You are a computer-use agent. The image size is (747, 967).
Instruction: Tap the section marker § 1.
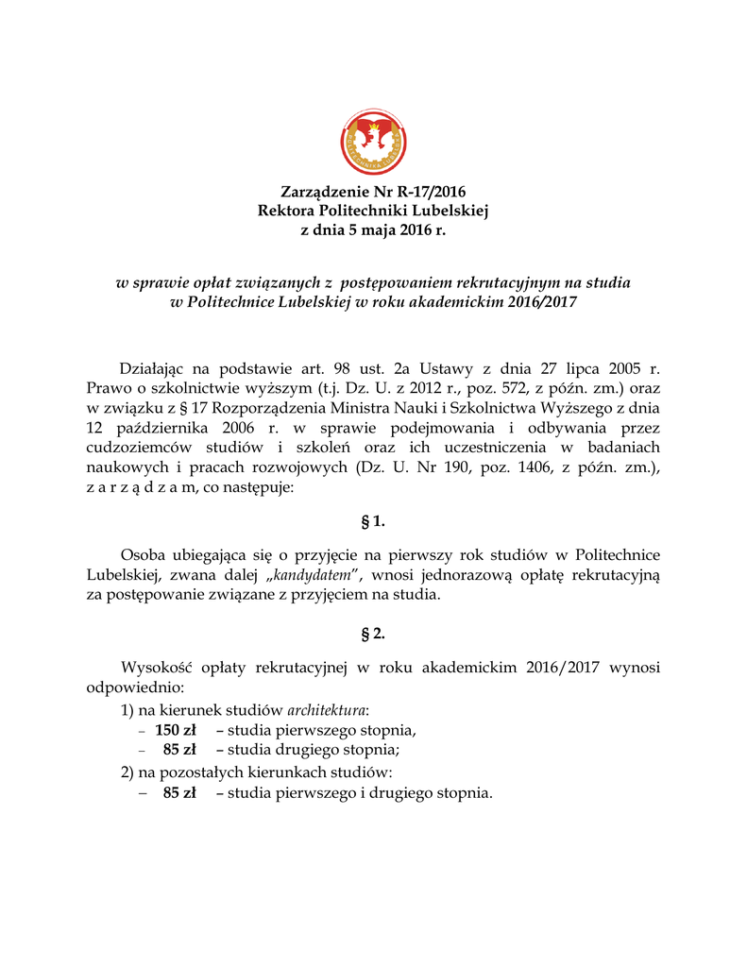[x=374, y=521]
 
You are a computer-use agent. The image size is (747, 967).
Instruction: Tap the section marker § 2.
[x=374, y=634]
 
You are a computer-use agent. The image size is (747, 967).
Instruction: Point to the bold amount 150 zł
[x=175, y=730]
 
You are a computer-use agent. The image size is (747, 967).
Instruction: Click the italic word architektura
[x=327, y=709]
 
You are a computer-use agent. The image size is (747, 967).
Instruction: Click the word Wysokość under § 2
[x=157, y=668]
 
